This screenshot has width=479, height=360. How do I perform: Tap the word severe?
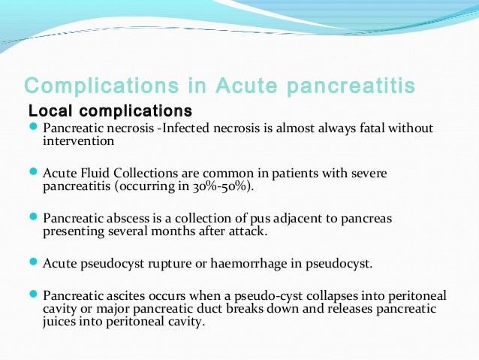tap(369, 174)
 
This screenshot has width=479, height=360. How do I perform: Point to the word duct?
tap(200, 309)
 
